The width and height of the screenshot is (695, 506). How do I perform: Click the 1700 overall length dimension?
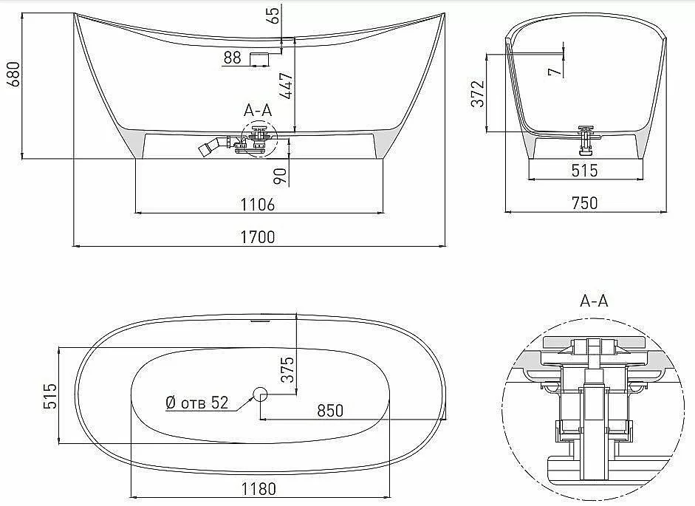(x=258, y=237)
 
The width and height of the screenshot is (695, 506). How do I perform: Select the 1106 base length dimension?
(x=258, y=205)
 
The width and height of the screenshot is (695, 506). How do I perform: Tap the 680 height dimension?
(x=14, y=74)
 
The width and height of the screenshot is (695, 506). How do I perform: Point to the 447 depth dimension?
(x=287, y=85)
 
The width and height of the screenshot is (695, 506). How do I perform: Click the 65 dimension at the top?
(x=274, y=15)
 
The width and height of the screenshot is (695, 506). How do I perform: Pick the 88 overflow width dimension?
(x=232, y=58)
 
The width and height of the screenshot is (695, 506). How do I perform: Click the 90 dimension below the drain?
(x=280, y=177)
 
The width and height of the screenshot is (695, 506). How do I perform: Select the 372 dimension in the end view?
(x=479, y=94)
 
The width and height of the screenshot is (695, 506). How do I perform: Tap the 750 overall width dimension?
(x=585, y=202)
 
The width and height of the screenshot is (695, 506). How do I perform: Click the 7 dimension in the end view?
(x=555, y=71)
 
